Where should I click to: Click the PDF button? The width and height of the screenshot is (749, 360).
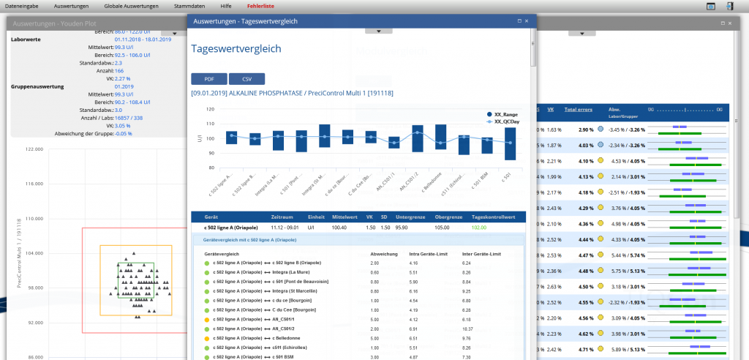[208, 79]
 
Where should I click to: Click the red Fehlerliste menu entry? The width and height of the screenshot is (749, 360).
[262, 6]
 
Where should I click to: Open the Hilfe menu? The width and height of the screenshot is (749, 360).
[226, 6]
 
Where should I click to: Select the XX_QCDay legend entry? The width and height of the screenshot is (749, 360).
[506, 121]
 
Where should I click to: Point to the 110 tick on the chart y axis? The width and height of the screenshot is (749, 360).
[211, 124]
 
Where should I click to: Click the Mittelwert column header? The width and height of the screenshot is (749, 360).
[343, 217]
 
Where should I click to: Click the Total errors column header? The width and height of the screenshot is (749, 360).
[579, 109]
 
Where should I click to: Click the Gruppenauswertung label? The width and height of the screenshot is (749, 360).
[37, 86]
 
